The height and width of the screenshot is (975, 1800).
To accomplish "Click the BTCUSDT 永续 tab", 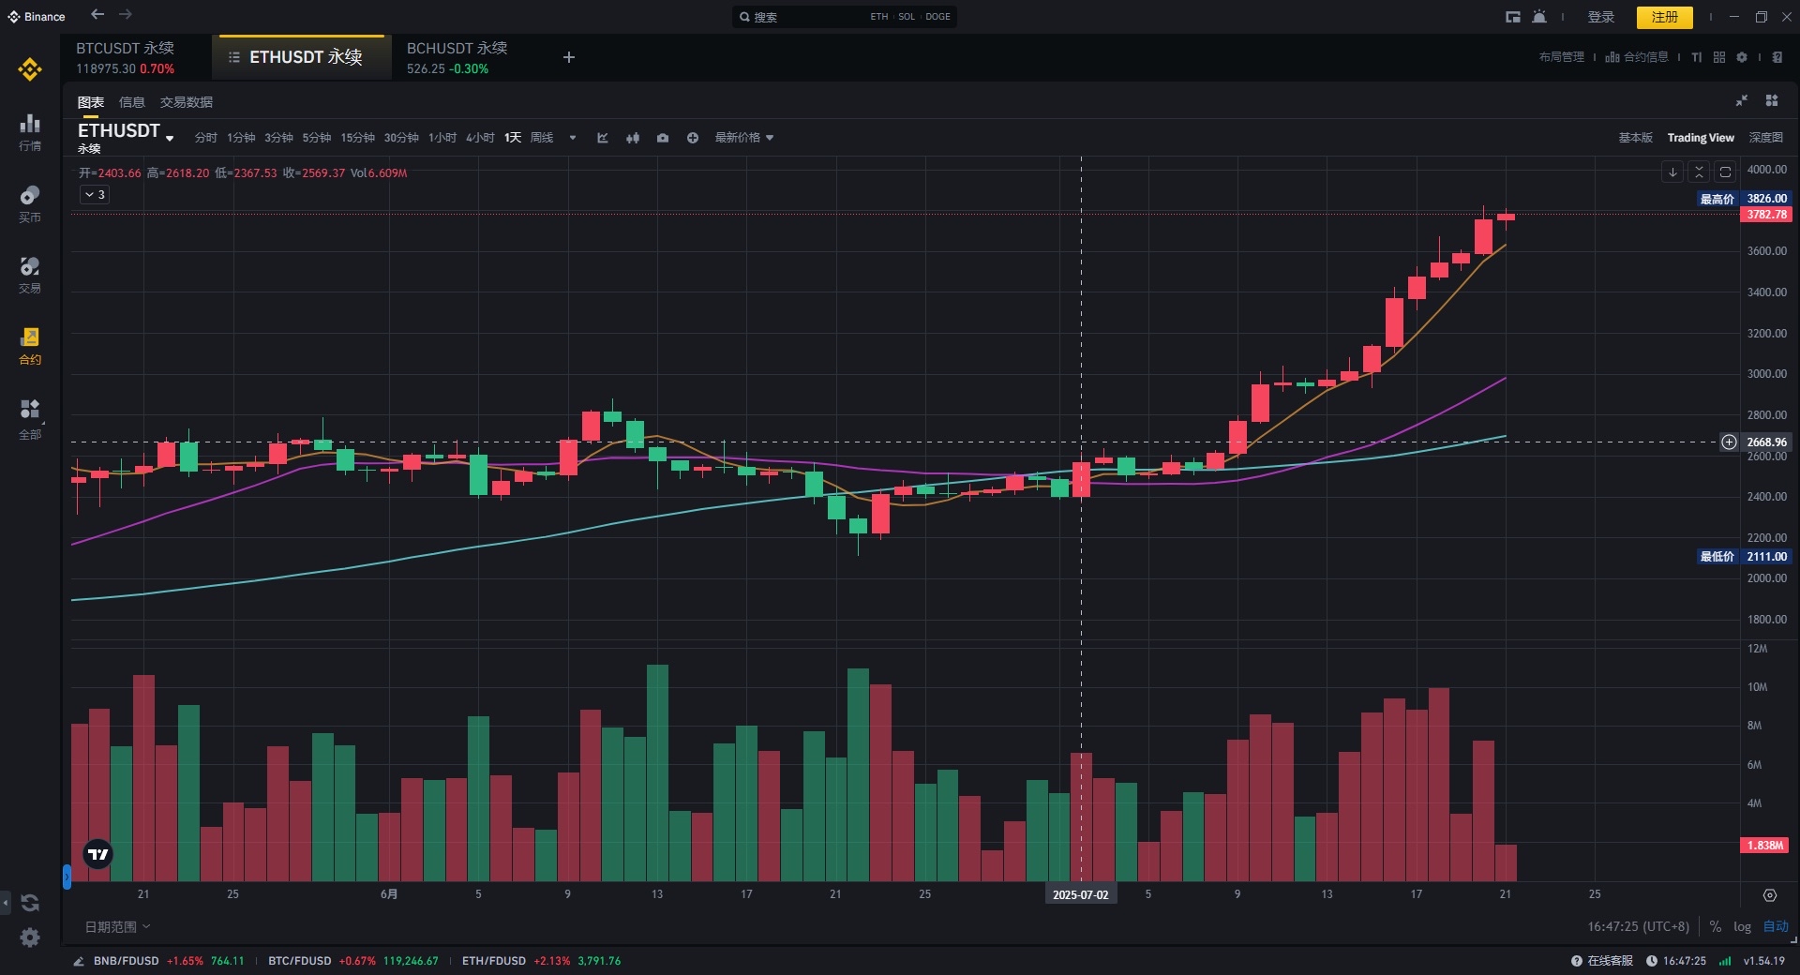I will (x=126, y=57).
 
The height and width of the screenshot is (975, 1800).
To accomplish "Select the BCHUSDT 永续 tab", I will (x=457, y=57).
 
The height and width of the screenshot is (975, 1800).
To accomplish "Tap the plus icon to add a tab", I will (x=568, y=57).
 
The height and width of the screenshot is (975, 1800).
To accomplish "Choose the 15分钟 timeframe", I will (x=357, y=138).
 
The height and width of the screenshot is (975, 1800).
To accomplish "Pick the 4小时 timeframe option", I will (x=480, y=138).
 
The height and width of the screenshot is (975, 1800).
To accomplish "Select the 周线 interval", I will (x=542, y=138).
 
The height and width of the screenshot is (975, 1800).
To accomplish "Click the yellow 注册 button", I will (x=1664, y=17).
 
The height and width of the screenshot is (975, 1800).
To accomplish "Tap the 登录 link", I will (x=1600, y=17).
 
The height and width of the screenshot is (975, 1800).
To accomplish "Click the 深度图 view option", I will (x=1765, y=138).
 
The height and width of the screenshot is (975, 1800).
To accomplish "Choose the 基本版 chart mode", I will (x=1635, y=138).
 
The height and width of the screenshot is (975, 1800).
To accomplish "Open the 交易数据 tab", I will (x=186, y=102).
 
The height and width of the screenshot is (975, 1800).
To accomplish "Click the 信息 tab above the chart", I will (x=131, y=102).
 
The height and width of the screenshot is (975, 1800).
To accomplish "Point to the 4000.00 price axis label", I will (x=1766, y=170).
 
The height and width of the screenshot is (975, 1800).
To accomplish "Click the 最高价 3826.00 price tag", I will (x=1744, y=199).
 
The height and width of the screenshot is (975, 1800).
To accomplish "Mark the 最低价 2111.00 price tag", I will (x=1744, y=557).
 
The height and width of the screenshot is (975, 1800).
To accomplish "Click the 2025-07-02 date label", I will (x=1080, y=894).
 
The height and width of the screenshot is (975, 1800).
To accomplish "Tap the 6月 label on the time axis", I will (x=389, y=894).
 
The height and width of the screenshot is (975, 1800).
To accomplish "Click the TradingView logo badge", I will (x=97, y=854).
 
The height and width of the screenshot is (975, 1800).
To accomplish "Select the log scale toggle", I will (x=1742, y=926).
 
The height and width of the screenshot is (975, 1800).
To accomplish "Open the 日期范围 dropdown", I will (x=117, y=927).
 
